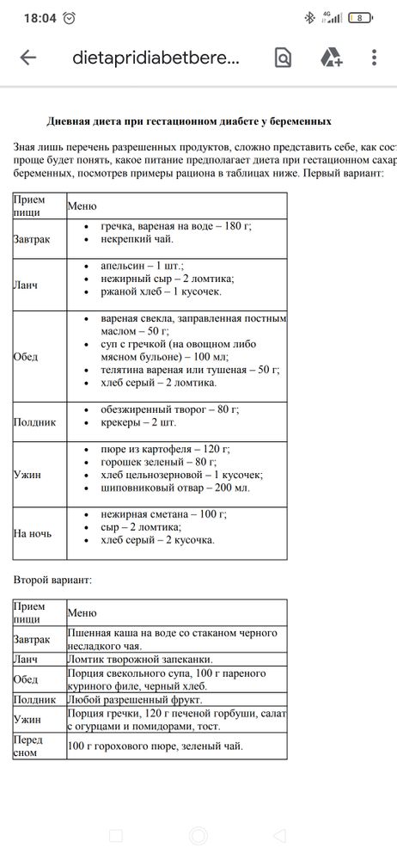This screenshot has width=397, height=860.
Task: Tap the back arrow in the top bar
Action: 28,58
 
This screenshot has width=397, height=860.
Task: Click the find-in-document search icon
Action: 283,58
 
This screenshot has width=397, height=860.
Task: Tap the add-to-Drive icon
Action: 332,58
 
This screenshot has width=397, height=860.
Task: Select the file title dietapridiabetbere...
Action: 156,58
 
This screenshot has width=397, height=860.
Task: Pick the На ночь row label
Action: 33,532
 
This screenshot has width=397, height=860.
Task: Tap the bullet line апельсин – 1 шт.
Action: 136,266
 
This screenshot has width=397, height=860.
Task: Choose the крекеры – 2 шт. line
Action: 129,425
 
